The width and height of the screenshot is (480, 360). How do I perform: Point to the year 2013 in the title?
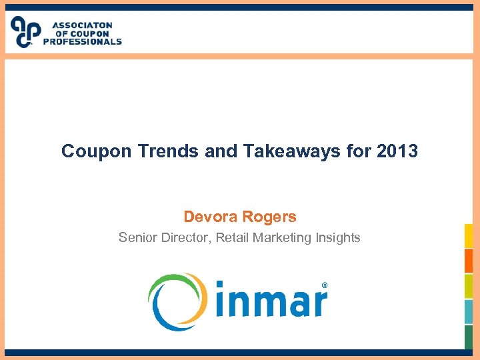(x=397, y=151)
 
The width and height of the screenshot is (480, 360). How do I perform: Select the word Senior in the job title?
(x=137, y=237)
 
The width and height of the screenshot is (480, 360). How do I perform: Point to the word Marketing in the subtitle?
(x=281, y=237)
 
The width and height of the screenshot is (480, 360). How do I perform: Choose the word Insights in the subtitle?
(x=336, y=237)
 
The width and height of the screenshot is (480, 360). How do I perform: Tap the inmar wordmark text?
(x=270, y=302)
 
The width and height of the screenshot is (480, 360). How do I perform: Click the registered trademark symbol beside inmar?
(x=325, y=285)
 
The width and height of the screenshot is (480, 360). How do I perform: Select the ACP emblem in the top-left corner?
(x=25, y=31)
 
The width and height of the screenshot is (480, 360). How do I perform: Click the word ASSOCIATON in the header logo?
(x=82, y=25)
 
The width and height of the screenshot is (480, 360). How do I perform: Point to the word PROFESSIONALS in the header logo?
(x=83, y=41)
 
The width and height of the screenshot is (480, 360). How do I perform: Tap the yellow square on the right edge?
(x=469, y=235)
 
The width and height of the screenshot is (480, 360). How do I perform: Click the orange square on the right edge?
(x=469, y=261)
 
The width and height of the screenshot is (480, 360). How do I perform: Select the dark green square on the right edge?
(x=469, y=337)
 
